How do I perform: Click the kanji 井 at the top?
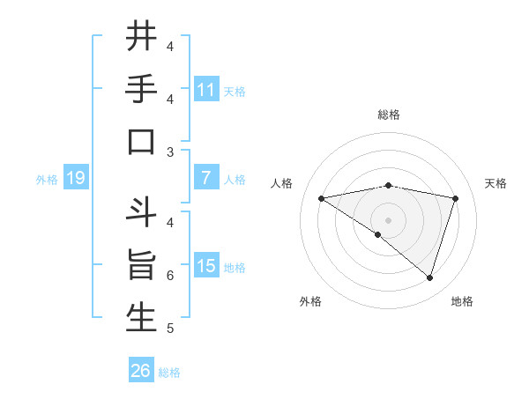141,37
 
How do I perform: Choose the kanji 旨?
141,266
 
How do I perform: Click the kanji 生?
141,319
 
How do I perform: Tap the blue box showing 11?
206,89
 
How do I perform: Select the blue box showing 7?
206,178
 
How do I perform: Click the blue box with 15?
206,266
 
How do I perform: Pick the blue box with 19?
76,179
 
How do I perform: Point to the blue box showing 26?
141,372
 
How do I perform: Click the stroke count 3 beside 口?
169,152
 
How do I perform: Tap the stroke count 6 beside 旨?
169,276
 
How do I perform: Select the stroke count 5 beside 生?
169,329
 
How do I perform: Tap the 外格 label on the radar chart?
310,302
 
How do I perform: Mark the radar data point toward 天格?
456,198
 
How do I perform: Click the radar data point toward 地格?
429,277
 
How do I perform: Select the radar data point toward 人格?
321,198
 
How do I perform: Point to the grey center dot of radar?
388,219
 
